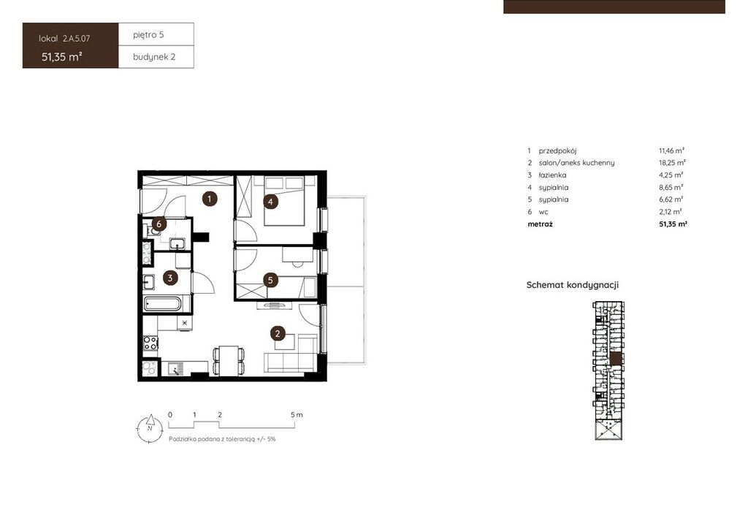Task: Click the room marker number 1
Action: point(210,199)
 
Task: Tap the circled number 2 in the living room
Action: point(278,333)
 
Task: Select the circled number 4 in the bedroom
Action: point(270,201)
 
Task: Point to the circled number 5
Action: point(270,280)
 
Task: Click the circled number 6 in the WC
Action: point(159,224)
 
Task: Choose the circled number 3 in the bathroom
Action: point(169,278)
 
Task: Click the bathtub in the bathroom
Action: point(163,304)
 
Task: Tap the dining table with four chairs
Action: point(229,360)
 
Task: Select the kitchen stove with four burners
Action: point(150,343)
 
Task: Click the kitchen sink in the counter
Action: point(175,369)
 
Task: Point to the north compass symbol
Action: point(150,427)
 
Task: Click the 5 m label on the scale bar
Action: point(297,414)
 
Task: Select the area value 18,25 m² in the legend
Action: point(672,163)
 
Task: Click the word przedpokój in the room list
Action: point(557,151)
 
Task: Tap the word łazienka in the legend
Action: point(552,175)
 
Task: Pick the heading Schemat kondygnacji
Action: point(573,285)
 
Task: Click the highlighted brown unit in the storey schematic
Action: point(617,359)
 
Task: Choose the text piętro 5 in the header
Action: point(148,35)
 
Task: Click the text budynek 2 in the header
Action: point(154,57)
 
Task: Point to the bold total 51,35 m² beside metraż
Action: point(673,224)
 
